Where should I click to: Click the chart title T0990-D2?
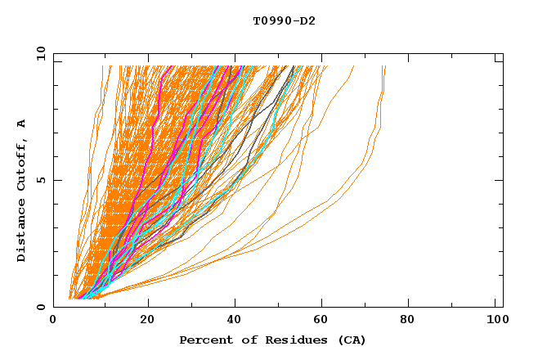(285, 20)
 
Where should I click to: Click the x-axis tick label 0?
(53, 321)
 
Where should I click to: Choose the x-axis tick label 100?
(495, 321)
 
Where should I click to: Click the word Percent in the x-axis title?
(203, 340)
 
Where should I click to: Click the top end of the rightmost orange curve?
(384, 67)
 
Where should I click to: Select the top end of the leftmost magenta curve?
(169, 67)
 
